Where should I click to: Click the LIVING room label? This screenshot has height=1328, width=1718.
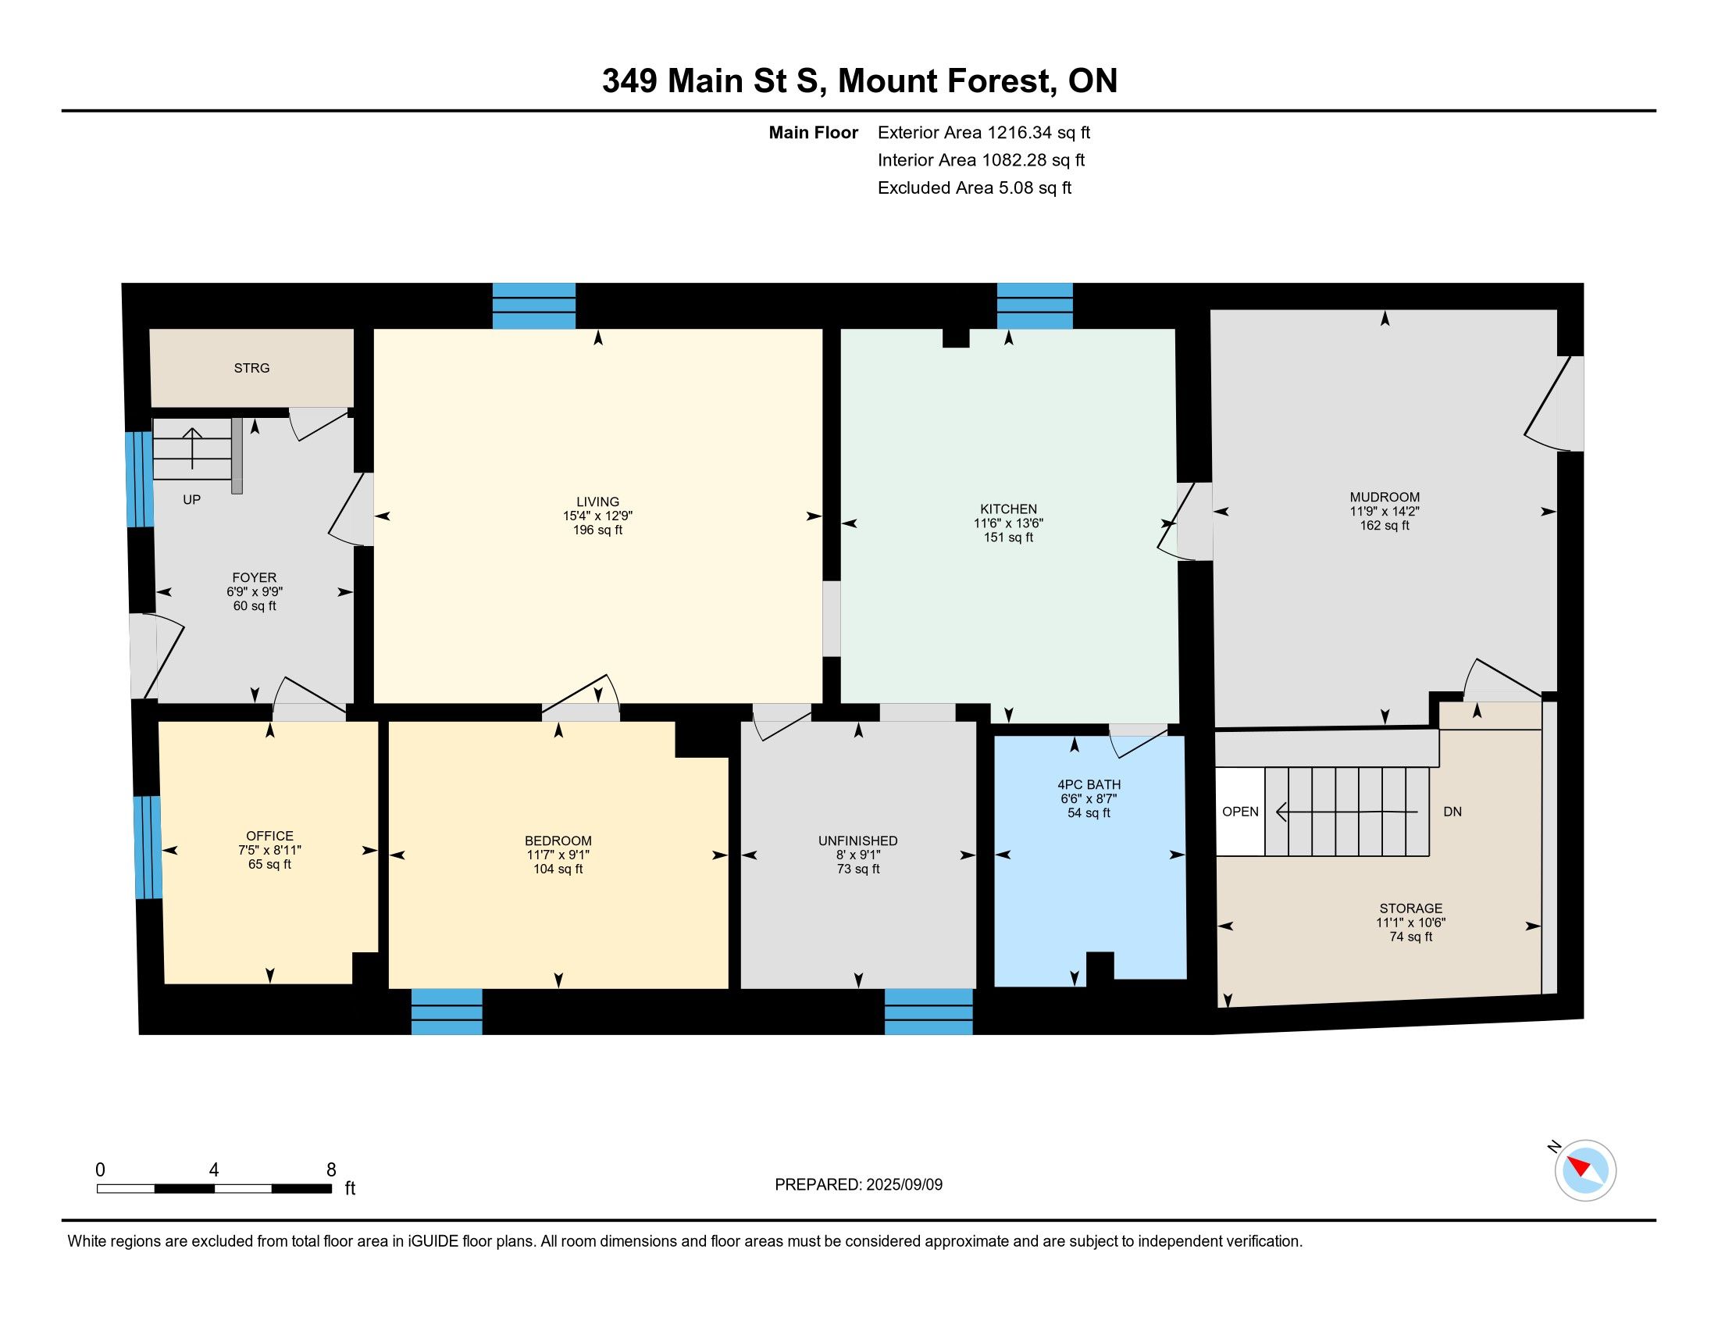tap(598, 502)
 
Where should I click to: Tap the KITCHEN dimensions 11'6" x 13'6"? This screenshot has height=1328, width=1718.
tap(1008, 523)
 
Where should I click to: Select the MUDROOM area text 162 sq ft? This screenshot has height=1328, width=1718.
tap(1385, 526)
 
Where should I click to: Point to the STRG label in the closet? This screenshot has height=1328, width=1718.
tap(251, 368)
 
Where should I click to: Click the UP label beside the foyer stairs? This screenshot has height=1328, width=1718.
tap(192, 500)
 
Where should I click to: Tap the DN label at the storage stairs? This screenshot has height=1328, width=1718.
tap(1452, 812)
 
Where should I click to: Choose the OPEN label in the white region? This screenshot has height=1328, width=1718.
tap(1241, 812)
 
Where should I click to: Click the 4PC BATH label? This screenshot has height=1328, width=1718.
tap(1089, 784)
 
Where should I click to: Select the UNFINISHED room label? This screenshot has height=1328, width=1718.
tap(857, 841)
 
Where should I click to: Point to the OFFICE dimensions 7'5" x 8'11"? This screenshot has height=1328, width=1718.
tap(270, 851)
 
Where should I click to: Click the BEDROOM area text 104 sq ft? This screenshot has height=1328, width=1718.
tap(558, 869)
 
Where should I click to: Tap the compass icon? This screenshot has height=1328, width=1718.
tap(1585, 1170)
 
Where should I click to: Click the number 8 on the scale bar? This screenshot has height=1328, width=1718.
tap(331, 1170)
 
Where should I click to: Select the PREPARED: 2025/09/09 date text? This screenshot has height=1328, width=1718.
tap(858, 1185)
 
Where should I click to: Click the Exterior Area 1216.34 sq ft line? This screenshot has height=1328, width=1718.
tap(984, 133)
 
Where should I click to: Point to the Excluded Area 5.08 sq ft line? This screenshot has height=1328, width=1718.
tap(975, 188)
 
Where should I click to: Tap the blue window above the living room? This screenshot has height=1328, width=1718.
tap(534, 306)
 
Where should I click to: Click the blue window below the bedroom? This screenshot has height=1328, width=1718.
tap(447, 1012)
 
